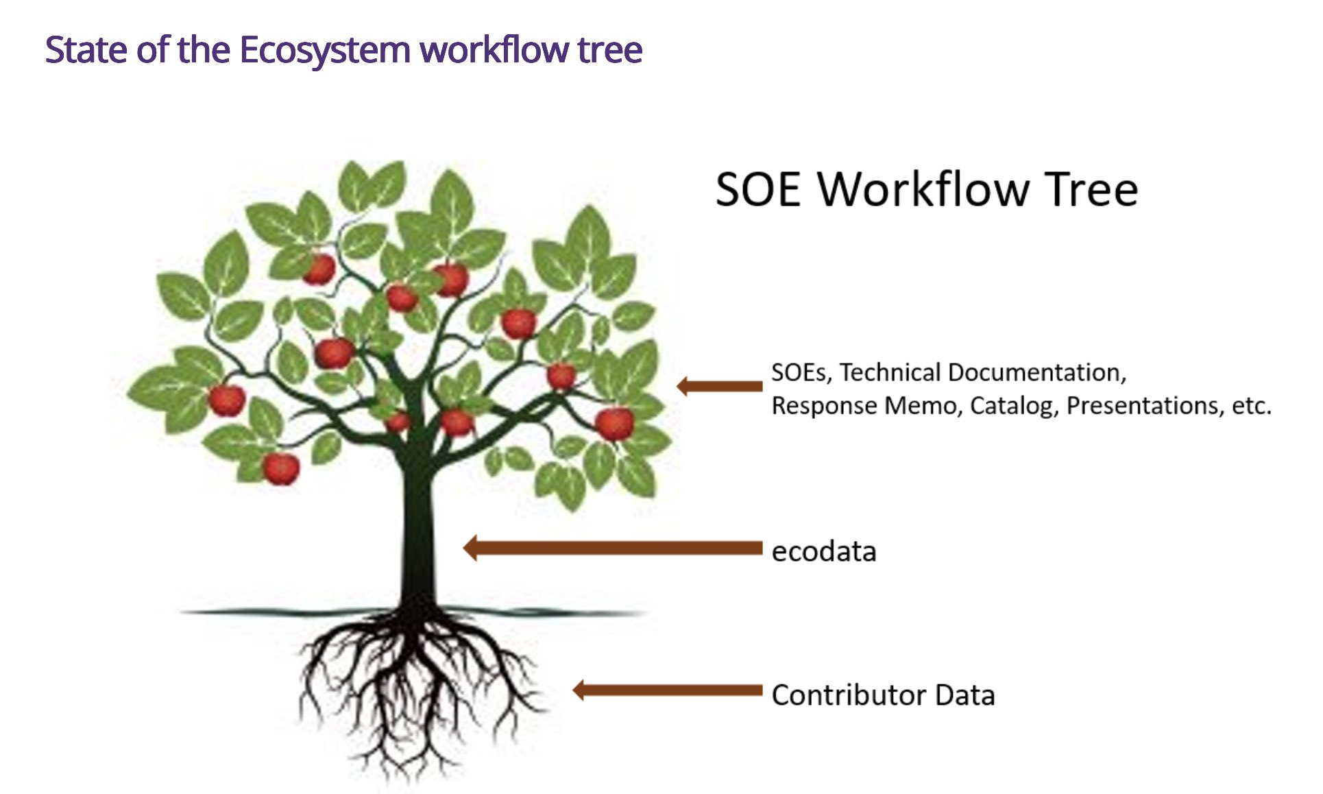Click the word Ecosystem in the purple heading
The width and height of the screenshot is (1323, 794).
(324, 50)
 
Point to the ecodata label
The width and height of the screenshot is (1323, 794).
(823, 551)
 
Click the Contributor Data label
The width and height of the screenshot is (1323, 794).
(883, 695)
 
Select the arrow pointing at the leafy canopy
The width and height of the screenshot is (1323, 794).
(719, 386)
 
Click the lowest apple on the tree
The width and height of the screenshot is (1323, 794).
(281, 468)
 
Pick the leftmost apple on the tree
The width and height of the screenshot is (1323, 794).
(226, 400)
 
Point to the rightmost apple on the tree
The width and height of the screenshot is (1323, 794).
(614, 423)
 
